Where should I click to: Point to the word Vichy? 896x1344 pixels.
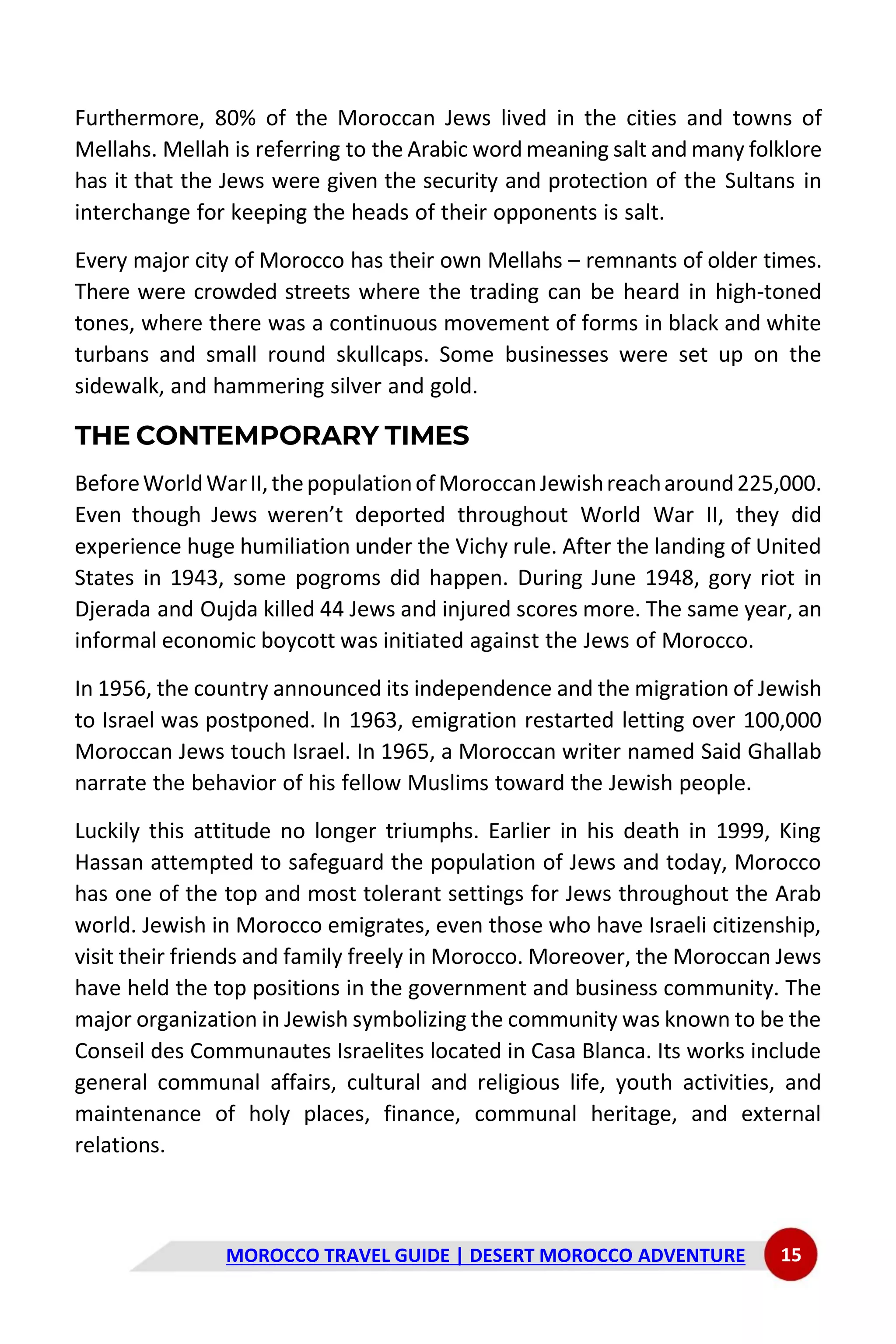482,547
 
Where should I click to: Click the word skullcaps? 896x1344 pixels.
381,355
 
